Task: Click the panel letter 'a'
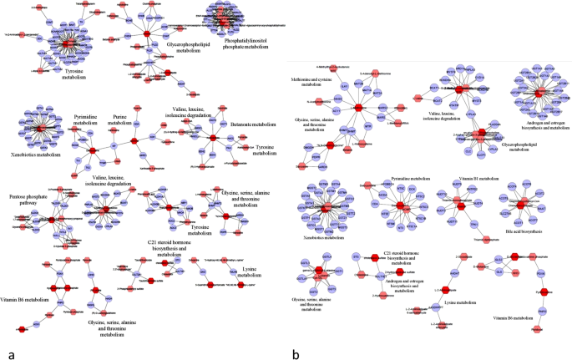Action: (10, 354)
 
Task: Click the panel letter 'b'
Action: (296, 354)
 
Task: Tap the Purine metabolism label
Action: (121, 123)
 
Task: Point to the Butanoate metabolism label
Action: (251, 123)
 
